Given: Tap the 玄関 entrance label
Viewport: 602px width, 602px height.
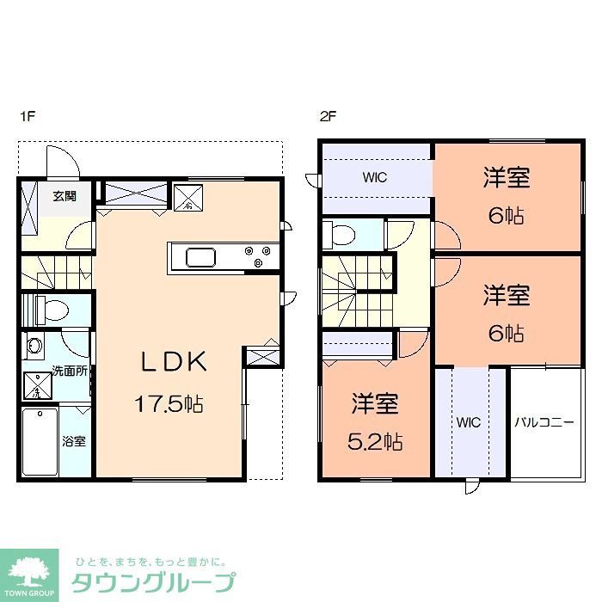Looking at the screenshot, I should [64, 196].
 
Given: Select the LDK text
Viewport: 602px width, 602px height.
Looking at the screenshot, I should [175, 362].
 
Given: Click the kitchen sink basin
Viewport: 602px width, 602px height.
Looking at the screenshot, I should [201, 255].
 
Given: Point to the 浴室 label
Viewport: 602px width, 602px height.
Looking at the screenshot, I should [73, 442].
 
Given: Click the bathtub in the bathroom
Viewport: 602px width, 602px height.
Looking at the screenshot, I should [40, 441].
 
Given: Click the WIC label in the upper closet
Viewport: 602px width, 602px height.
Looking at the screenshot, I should [374, 178].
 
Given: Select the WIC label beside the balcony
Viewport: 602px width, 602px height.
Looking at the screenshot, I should [469, 422].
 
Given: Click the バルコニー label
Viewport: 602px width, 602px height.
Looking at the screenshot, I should [544, 422].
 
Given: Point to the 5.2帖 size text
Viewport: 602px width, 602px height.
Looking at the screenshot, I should [377, 442].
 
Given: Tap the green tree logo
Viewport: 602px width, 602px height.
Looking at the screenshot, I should [28, 572].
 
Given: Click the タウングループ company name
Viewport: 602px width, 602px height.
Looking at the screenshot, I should [153, 581].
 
